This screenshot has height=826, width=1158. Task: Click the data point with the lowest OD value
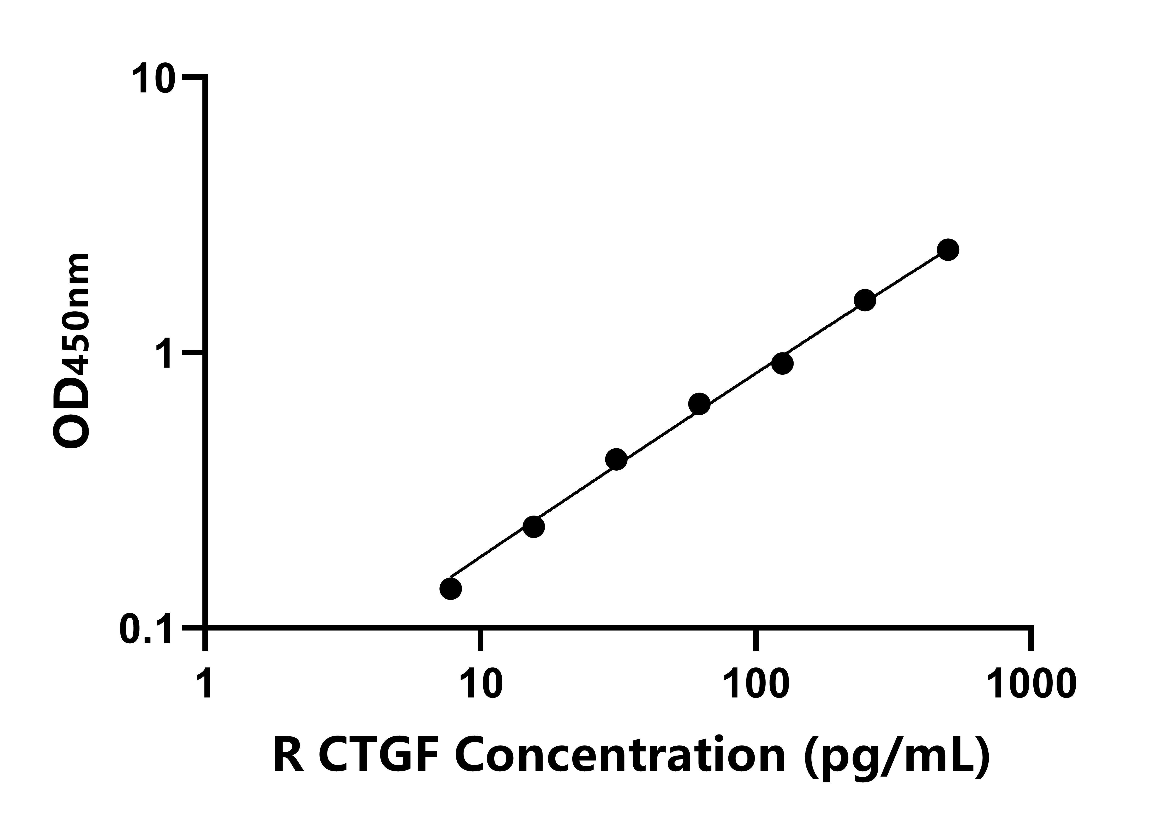[450, 589]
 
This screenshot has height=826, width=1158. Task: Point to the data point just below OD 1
[782, 363]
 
